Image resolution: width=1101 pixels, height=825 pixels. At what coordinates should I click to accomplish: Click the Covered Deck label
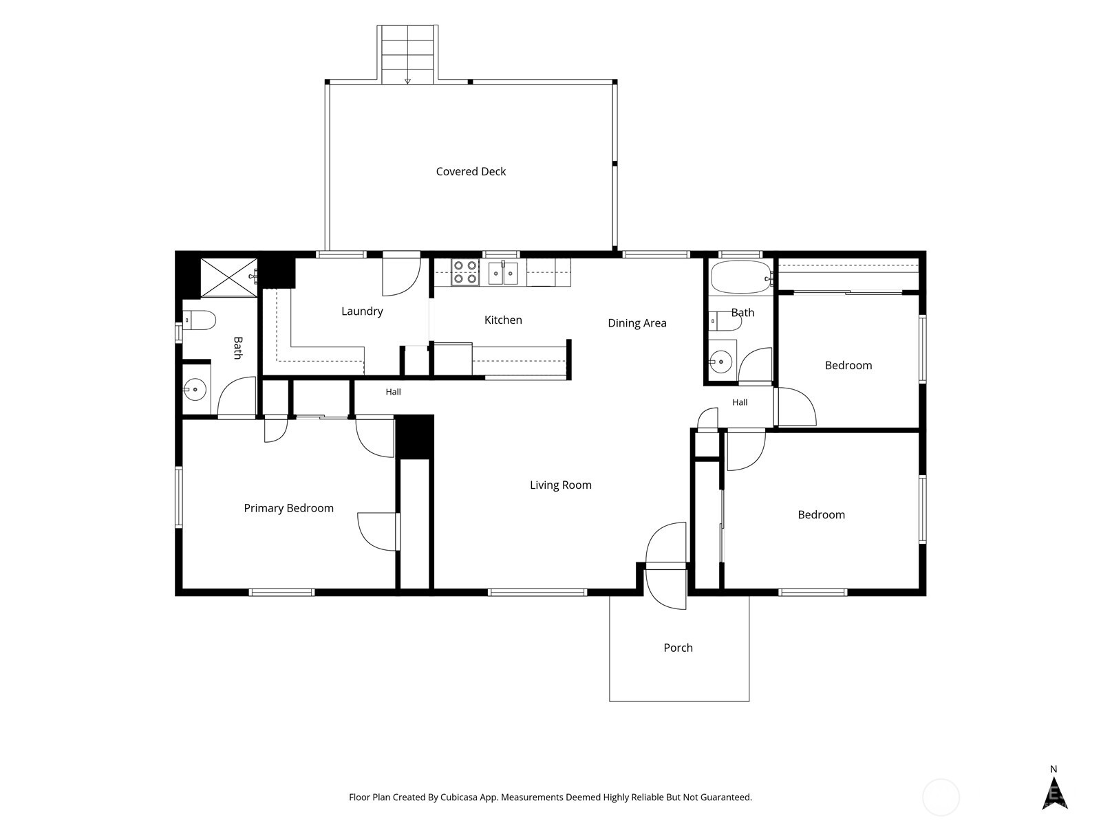point(471,171)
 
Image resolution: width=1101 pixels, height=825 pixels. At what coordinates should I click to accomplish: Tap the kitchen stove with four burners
point(464,272)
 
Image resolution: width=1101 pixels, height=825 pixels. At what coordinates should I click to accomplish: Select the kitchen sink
point(502,272)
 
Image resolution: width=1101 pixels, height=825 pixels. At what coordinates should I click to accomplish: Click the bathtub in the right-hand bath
point(741,276)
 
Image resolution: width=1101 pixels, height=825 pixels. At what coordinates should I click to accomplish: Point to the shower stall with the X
point(228,278)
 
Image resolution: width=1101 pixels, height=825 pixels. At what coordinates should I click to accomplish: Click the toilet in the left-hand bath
point(199,320)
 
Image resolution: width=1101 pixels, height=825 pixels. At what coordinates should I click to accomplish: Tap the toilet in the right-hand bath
point(725,321)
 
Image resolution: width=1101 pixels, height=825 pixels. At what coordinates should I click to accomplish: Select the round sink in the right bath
point(720,361)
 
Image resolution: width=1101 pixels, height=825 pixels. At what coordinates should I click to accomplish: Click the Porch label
point(678,648)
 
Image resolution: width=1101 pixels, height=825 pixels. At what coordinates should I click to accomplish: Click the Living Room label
point(560,485)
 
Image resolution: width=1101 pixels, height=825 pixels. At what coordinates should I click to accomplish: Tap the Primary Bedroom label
point(288,508)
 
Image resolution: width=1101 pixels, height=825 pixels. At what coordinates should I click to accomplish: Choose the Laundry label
point(362,311)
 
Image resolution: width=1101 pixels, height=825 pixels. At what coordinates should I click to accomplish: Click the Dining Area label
point(637,323)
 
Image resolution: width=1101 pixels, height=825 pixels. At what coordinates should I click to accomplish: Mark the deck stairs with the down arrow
point(407,54)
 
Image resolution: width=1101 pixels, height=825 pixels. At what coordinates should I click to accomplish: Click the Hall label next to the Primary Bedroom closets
point(393,392)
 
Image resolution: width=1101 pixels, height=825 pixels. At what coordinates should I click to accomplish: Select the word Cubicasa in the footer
point(459,797)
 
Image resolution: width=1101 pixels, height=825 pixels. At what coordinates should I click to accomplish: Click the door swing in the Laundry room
point(401,276)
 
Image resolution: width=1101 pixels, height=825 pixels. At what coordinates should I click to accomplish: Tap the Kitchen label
point(503,320)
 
